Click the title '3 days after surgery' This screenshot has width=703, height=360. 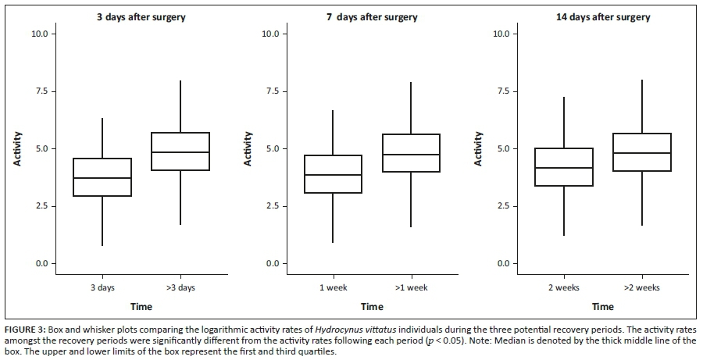coord(141,17)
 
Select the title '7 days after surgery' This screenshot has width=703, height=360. coord(372,17)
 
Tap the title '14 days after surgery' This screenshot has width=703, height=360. coord(602,17)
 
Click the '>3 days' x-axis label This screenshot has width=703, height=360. coord(180,288)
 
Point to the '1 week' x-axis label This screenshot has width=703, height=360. coord(333,288)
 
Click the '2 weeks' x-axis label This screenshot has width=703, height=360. coord(564,288)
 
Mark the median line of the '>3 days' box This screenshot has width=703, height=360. coord(180,152)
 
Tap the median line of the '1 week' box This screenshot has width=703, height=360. coord(333,175)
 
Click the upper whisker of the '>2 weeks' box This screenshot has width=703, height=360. coord(641,106)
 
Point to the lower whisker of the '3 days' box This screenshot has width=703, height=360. coord(102,221)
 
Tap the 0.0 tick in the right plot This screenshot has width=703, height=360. coord(501,264)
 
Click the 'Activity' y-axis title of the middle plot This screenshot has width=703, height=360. coord(248,148)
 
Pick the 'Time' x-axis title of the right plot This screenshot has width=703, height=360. coord(602,307)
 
